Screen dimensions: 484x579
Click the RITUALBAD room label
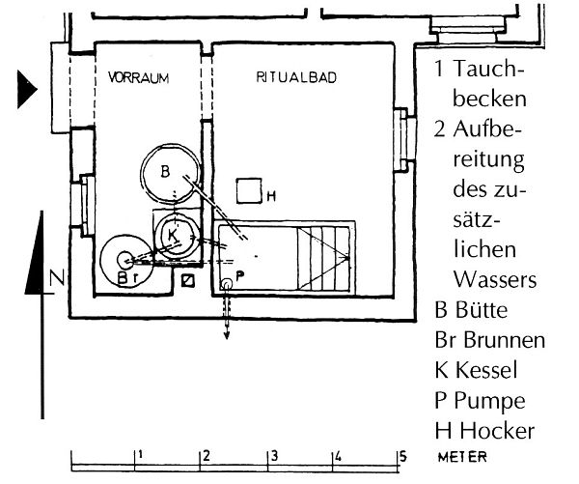point(296,78)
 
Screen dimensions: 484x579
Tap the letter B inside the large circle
point(165,172)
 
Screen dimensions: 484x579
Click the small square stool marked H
point(251,191)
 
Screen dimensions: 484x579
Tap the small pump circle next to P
point(227,283)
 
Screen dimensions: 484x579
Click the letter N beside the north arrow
point(56,280)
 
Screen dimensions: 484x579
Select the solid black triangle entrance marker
point(25,93)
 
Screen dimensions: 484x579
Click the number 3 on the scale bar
point(275,454)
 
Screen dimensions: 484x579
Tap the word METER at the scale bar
point(461,457)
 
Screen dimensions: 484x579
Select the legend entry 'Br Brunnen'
point(489,340)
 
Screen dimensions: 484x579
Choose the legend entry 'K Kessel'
point(477,369)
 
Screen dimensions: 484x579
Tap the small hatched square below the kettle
point(189,280)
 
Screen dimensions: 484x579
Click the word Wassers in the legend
point(493,279)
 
